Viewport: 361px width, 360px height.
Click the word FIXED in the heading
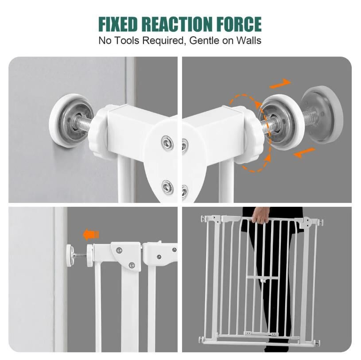118,24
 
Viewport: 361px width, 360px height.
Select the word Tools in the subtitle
127,40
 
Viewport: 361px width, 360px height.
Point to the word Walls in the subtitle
249,40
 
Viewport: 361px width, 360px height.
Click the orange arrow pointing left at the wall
91,235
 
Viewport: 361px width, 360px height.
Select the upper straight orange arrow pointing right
280,84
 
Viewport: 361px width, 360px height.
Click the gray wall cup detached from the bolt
323,115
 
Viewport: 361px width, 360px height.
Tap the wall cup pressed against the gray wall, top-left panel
70,120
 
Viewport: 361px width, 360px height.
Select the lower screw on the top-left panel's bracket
167,187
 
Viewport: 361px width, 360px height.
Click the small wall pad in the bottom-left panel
70,256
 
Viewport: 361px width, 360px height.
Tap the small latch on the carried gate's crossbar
264,280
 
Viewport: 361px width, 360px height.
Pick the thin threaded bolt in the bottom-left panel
80,255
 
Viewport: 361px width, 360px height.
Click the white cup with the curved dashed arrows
280,122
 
